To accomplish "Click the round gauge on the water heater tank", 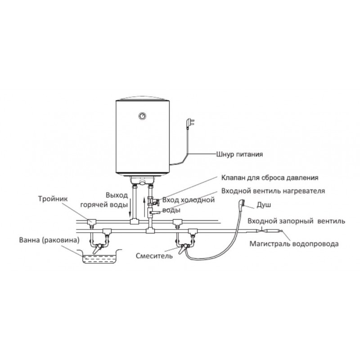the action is point(142,116).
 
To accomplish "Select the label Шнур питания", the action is point(239,154).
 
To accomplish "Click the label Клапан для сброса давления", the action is point(270,178).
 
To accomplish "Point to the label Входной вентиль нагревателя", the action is point(273,191).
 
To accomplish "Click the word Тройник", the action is point(53,198).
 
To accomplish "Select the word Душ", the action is point(264,205).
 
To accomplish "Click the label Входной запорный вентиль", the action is point(296,221).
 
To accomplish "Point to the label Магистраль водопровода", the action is point(294,243).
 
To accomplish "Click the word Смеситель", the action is point(154,256).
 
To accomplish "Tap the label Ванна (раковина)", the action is point(49,240).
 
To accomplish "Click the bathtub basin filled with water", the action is point(99,256).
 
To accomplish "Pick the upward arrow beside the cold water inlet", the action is point(144,207).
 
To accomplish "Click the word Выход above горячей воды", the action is point(117,195).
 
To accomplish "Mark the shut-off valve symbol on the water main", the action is point(263,230).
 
